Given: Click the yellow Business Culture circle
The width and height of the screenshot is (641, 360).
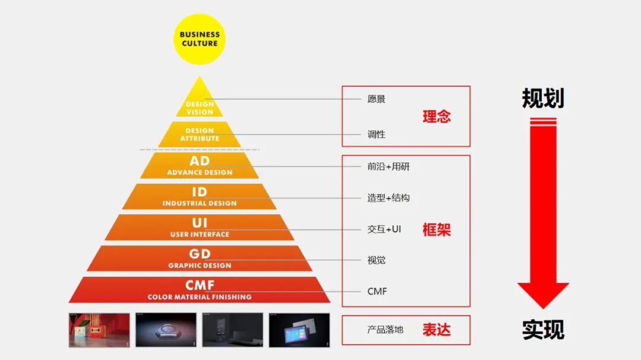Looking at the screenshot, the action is pyautogui.click(x=199, y=39).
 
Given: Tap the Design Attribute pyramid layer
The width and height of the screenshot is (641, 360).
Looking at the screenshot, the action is pyautogui.click(x=199, y=134).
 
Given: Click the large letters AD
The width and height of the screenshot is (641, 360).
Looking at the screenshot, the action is pyautogui.click(x=199, y=161).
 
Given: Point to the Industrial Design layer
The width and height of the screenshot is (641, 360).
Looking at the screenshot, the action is pyautogui.click(x=199, y=196).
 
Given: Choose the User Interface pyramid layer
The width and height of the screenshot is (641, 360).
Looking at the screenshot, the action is pyautogui.click(x=199, y=227).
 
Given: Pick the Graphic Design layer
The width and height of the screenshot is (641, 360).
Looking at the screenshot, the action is pyautogui.click(x=199, y=259).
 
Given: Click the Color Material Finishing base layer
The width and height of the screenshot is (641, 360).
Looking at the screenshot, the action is pyautogui.click(x=199, y=290).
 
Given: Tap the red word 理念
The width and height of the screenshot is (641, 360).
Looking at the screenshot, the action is pyautogui.click(x=436, y=116).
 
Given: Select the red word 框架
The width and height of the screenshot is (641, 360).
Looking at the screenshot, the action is pyautogui.click(x=436, y=230).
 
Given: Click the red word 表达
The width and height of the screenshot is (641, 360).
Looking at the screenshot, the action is pyautogui.click(x=436, y=330).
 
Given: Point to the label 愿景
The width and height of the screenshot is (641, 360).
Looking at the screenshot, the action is pyautogui.click(x=376, y=99).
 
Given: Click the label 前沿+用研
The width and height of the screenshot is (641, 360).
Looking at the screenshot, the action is pyautogui.click(x=388, y=167).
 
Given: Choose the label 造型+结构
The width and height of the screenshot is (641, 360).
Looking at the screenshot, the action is pyautogui.click(x=388, y=197).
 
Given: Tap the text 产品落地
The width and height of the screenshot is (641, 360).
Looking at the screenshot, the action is pyautogui.click(x=385, y=329).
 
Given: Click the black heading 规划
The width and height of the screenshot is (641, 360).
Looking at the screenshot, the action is pyautogui.click(x=542, y=98).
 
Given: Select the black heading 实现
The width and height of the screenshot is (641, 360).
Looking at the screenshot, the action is pyautogui.click(x=542, y=330).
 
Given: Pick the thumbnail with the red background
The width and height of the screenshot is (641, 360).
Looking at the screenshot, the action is pyautogui.click(x=99, y=330).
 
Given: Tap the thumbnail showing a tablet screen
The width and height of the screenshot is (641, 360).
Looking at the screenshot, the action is pyautogui.click(x=299, y=330).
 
